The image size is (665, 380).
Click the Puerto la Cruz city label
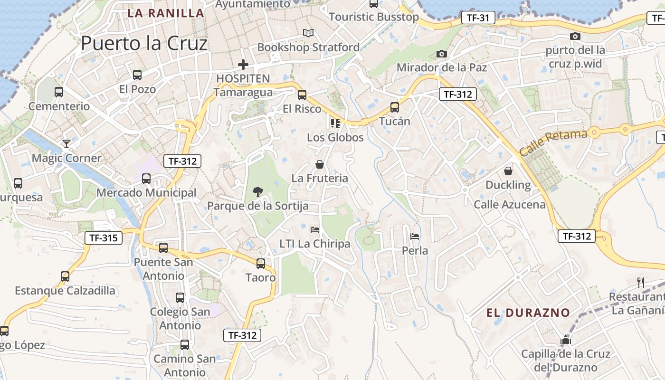(144, 44)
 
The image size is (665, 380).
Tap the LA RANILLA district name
(166, 13)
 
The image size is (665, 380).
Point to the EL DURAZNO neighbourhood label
(528, 313)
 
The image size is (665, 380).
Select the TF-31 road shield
(478, 18)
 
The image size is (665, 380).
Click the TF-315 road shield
(103, 237)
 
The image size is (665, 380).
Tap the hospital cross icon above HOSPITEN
(243, 65)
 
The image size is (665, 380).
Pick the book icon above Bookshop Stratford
(308, 33)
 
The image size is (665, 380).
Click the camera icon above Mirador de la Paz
(442, 54)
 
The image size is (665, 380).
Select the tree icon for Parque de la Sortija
(258, 192)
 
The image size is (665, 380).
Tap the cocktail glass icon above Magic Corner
(66, 144)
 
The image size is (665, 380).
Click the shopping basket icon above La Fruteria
(320, 164)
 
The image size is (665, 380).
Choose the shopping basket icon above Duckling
(508, 171)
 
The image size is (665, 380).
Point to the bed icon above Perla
(415, 236)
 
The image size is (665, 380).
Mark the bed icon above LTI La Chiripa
(314, 229)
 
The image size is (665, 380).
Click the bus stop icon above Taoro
(260, 263)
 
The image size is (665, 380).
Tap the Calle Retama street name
(553, 142)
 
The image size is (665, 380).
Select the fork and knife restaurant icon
(641, 283)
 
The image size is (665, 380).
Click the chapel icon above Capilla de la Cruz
(565, 340)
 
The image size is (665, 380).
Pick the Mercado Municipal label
(146, 193)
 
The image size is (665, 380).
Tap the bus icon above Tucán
(394, 107)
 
